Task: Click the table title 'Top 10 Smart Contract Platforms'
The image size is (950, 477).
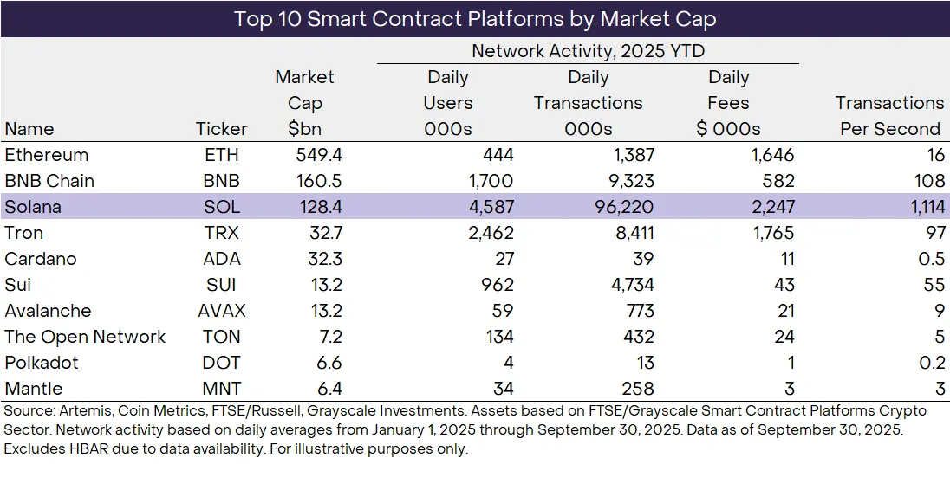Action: [474, 18]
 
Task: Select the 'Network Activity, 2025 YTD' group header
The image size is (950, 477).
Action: [588, 51]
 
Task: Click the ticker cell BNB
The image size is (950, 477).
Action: [222, 182]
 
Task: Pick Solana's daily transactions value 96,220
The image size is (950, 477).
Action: [618, 208]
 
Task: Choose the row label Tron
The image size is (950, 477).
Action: [23, 234]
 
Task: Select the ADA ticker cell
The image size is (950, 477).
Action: [222, 260]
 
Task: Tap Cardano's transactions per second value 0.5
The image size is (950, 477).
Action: [931, 260]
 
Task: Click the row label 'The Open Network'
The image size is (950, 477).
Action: [85, 338]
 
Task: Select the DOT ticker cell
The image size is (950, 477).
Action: [222, 364]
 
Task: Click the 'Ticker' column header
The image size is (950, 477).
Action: [222, 129]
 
